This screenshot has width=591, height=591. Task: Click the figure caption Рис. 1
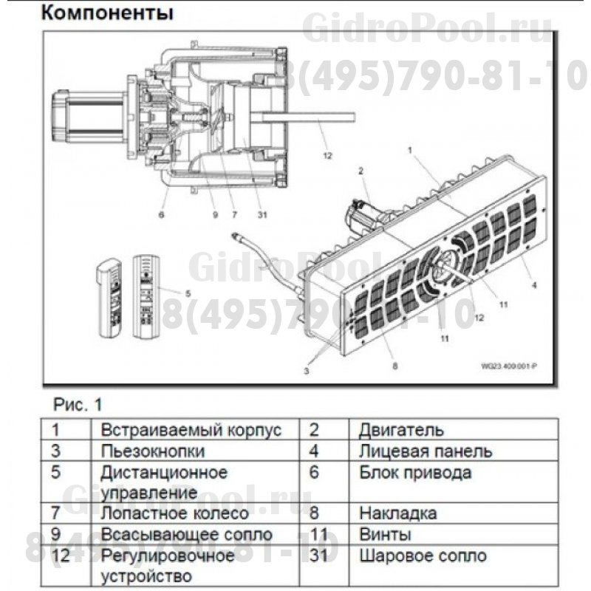pos(78,404)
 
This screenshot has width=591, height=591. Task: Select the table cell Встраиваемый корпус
pos(191,430)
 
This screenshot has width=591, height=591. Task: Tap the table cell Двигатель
pos(401,430)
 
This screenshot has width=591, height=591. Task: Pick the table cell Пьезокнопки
pos(153,451)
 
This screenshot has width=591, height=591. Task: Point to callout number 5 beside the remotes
pos(188,293)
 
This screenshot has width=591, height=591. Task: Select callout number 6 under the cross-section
pos(160,216)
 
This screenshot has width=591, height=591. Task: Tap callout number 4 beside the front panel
pos(533,284)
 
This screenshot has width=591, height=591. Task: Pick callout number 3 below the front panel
pos(306,372)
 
